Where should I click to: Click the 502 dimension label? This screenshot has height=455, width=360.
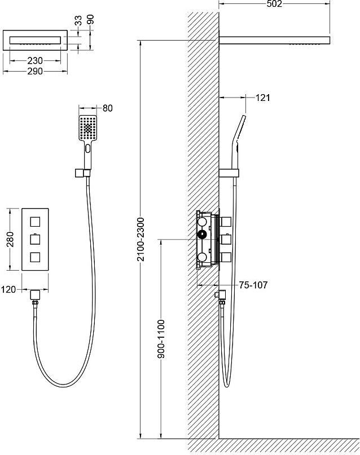point(274,3)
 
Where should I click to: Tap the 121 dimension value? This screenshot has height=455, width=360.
point(263,98)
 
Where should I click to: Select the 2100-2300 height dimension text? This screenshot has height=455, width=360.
point(141,239)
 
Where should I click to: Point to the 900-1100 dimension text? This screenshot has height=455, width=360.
point(161,339)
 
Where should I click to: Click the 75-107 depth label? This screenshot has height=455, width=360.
point(253,285)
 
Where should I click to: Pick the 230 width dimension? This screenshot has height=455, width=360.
point(35,61)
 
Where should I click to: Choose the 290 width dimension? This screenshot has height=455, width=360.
point(35,71)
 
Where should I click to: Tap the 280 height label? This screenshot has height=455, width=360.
point(10,239)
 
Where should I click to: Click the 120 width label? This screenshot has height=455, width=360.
point(8,289)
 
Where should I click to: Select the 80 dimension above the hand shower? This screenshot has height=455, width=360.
point(107,108)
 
